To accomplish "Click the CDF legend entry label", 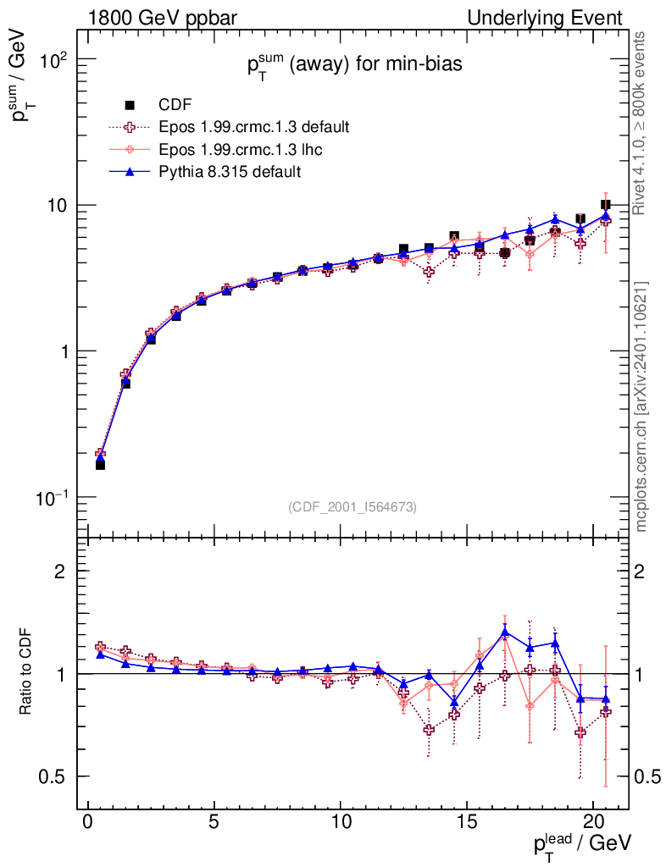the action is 175,104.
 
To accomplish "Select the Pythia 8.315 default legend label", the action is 230,171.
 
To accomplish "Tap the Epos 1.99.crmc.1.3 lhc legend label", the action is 240,149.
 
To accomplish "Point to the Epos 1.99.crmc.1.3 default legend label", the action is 254,127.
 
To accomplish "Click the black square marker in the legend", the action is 130,104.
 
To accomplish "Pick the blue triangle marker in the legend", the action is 130,171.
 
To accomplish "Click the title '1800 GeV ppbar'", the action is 162,18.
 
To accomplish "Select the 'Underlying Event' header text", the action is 545,18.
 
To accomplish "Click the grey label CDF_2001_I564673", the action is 352,506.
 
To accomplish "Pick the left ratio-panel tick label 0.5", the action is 51,776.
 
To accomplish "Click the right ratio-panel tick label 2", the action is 639,572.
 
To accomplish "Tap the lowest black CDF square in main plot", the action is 100,465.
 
